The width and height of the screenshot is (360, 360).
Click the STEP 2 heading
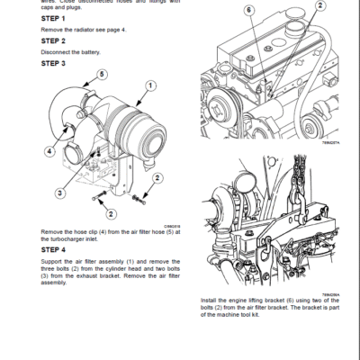tap(53, 41)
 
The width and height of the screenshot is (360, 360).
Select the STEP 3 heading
tap(53, 63)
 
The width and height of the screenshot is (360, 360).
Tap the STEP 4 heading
tap(53, 250)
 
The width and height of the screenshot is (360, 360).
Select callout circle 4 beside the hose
tap(48, 152)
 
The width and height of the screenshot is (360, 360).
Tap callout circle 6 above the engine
tap(247, 11)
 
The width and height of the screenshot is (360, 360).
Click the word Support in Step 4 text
tap(52, 261)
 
